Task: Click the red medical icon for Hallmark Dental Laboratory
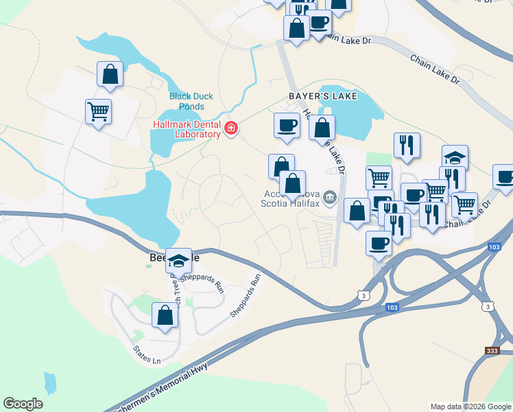click(x=231, y=128)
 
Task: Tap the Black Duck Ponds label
click(x=187, y=101)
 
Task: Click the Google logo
click(x=23, y=404)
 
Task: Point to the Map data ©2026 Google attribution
click(x=470, y=407)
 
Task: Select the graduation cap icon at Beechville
click(x=178, y=260)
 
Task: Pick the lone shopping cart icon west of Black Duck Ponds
click(x=99, y=111)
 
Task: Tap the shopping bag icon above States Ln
click(x=165, y=315)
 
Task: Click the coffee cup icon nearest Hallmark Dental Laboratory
click(x=287, y=126)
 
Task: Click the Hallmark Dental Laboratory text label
click(x=187, y=129)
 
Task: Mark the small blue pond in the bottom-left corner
click(x=49, y=383)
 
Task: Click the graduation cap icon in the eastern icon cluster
click(x=455, y=157)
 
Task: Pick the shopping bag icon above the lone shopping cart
click(x=110, y=73)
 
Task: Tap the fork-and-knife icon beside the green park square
click(x=407, y=145)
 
